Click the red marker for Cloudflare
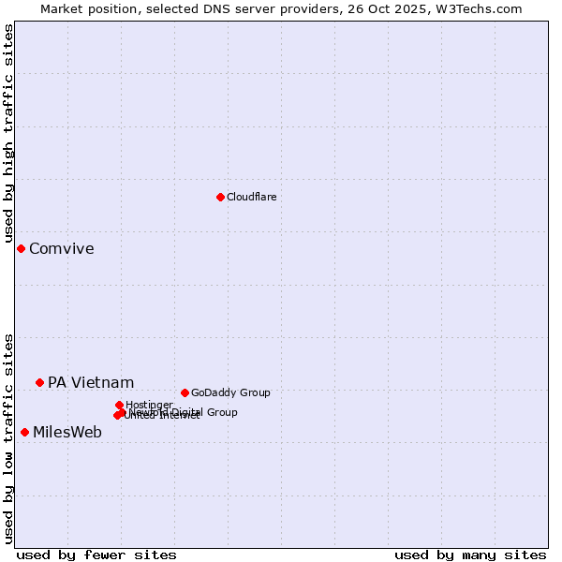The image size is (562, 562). (220, 197)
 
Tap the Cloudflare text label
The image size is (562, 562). (251, 197)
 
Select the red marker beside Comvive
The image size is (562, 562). (21, 248)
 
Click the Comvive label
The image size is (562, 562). (61, 248)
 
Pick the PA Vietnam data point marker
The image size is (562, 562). (39, 382)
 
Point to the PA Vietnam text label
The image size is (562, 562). (91, 382)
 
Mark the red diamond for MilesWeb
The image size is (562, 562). (24, 432)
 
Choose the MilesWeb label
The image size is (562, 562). (67, 432)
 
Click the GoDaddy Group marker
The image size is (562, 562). (185, 392)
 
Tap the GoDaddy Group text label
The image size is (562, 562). (230, 392)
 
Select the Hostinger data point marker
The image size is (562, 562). (119, 405)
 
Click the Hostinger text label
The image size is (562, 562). (149, 405)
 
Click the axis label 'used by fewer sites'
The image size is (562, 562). (96, 555)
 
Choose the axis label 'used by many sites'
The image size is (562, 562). (470, 555)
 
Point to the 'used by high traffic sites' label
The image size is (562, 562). (8, 134)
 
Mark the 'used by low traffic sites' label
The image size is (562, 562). (8, 438)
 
